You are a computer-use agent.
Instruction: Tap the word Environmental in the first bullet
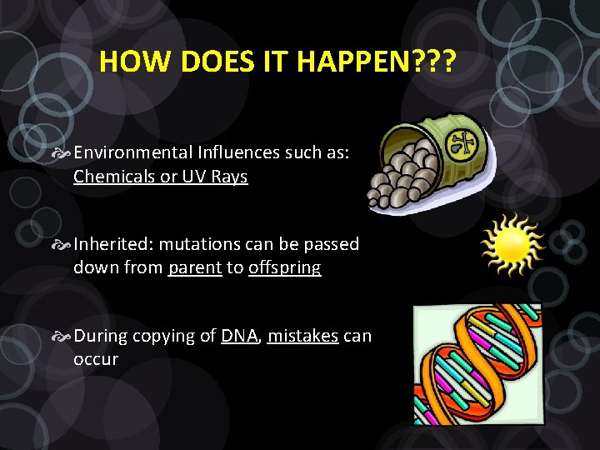coord(132,152)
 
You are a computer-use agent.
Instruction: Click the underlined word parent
coord(195,268)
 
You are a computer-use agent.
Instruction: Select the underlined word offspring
coord(284,268)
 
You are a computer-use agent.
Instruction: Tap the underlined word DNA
coord(240,336)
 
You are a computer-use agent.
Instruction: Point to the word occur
coord(96,360)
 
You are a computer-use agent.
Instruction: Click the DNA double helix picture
coord(477,363)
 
